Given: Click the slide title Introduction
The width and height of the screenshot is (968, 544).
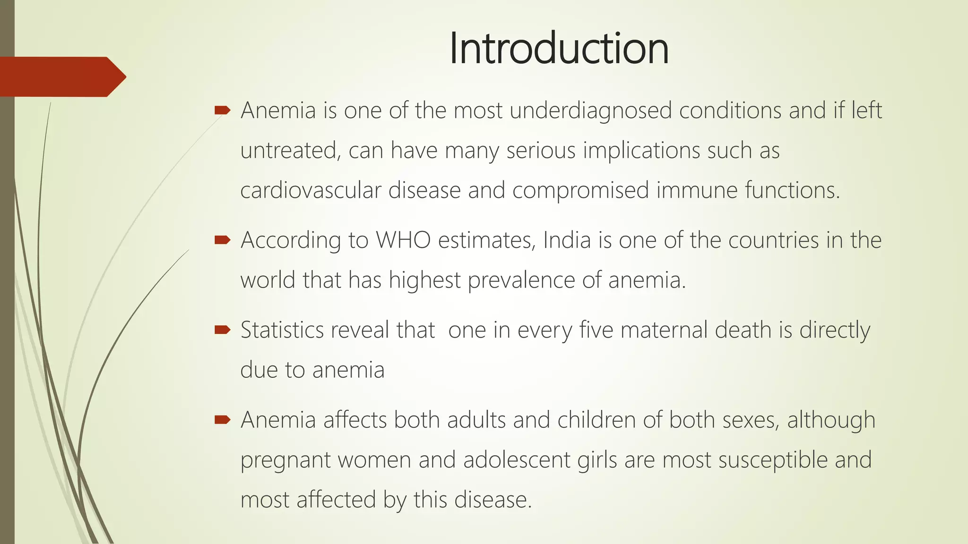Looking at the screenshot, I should point(559,48).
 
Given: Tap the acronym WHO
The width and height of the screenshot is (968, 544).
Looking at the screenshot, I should point(403,240).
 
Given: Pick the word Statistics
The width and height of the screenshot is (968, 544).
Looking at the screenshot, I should point(282,330).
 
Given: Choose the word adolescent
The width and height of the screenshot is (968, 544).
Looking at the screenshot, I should point(517,460).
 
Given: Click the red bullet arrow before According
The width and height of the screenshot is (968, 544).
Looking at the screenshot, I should point(222,240).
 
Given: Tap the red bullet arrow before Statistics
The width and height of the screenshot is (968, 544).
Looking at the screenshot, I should point(222,330).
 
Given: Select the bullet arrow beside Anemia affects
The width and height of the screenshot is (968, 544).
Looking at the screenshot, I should point(222,419).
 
